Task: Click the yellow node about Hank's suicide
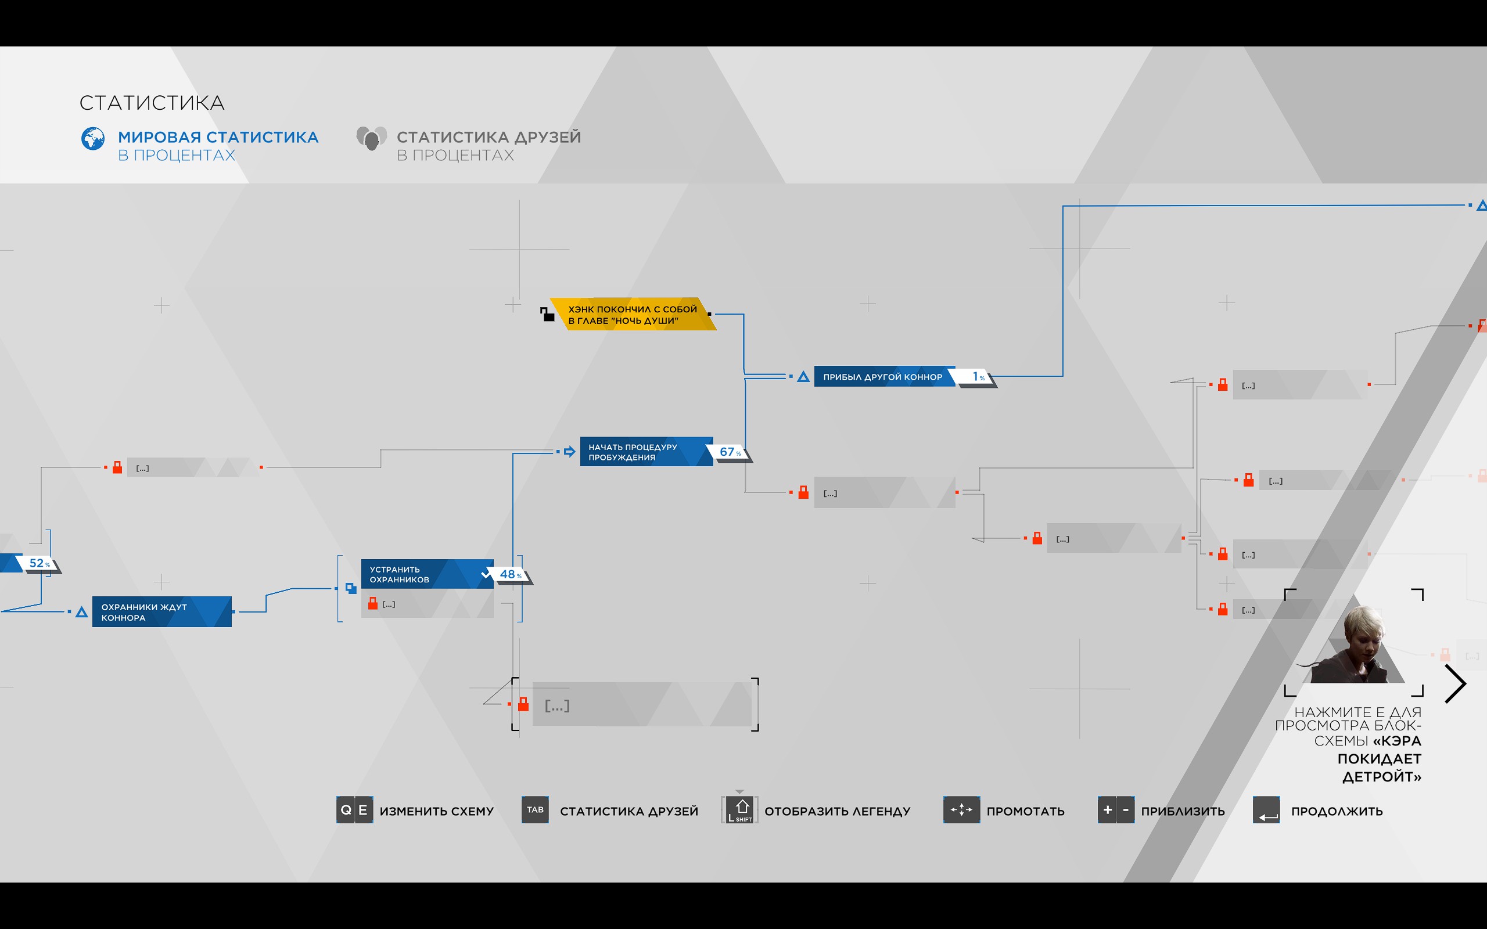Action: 633,315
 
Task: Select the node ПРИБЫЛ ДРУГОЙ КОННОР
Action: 883,377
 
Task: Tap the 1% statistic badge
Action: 978,377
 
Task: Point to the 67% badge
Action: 730,452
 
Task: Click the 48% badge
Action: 510,574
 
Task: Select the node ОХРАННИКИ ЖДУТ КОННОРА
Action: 161,612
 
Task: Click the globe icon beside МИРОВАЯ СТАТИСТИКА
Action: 93,139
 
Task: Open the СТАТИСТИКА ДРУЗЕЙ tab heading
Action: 489,138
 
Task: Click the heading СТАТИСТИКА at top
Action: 152,103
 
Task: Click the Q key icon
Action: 346,810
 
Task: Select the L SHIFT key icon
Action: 740,811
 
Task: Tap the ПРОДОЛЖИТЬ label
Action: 1337,811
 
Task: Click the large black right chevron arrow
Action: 1455,683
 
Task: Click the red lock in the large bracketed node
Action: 523,704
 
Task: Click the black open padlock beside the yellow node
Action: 547,315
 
